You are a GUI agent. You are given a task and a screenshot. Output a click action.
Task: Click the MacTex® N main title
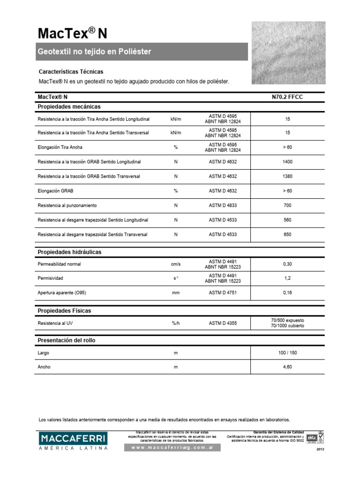point(72,33)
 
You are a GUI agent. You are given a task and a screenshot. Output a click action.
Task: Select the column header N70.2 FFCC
point(287,97)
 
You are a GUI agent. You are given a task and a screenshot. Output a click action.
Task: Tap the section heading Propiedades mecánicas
point(69,107)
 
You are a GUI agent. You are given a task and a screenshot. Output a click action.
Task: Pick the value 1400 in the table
point(287,162)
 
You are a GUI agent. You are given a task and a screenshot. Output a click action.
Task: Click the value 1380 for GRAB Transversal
point(287,176)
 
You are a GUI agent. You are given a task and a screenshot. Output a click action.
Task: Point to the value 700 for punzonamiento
point(287,205)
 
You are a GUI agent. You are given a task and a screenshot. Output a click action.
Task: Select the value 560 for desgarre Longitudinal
point(287,220)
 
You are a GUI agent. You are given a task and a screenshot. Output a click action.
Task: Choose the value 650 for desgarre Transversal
point(287,234)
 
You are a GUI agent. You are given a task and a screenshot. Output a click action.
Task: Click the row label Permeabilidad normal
point(59,264)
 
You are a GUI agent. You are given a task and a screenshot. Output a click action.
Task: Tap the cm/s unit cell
point(176,264)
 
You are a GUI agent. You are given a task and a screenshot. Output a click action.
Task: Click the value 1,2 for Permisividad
point(287,278)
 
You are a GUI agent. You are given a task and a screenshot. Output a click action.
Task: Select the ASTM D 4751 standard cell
point(223,293)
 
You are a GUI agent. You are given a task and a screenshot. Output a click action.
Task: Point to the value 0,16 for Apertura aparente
point(287,293)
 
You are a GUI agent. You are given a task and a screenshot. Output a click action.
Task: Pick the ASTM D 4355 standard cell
point(223,323)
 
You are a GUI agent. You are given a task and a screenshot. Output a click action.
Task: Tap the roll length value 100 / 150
point(287,352)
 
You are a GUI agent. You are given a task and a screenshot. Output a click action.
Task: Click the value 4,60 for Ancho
point(287,367)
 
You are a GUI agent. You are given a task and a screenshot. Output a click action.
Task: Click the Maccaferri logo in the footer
point(73,441)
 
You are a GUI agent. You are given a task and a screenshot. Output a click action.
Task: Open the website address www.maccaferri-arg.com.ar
point(172,448)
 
